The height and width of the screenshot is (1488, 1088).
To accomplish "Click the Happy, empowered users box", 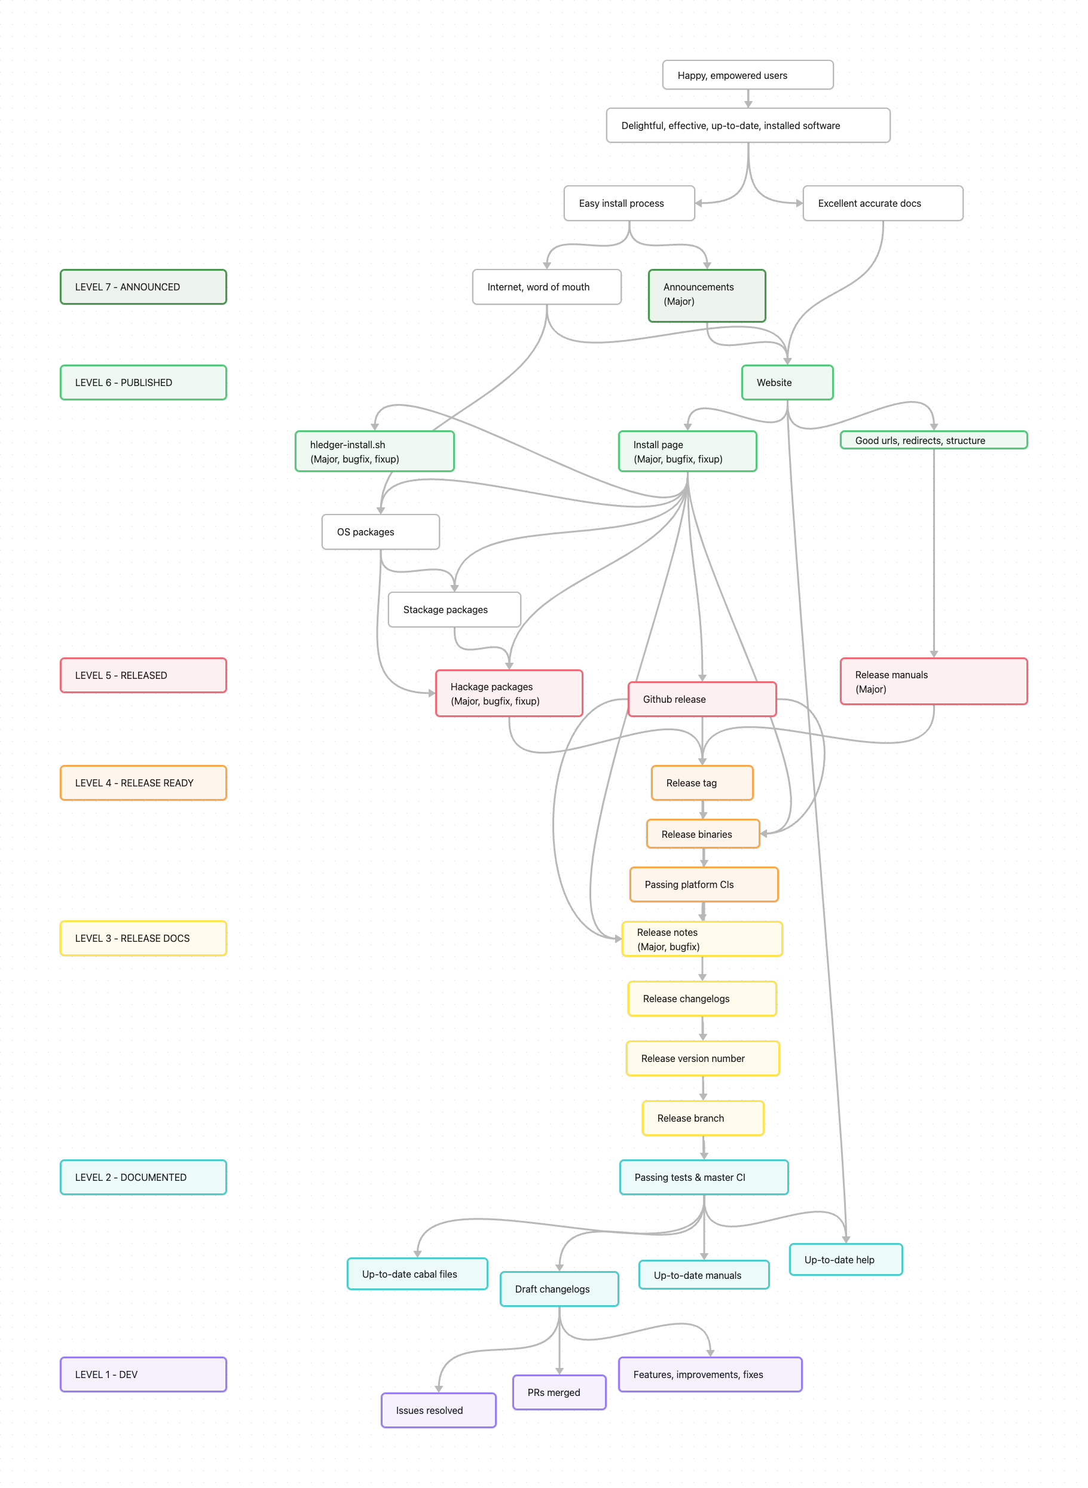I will [747, 75].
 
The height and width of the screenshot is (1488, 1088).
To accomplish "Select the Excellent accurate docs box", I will [882, 203].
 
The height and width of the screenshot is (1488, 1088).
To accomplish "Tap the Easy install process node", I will [629, 203].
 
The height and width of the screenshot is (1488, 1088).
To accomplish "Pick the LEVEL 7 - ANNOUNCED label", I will [143, 286].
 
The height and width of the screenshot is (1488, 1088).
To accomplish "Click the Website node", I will [787, 382].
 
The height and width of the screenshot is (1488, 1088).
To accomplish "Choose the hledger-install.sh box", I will [374, 451].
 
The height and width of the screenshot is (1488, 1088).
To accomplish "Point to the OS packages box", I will [380, 531].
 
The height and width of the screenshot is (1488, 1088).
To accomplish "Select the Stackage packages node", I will [454, 609].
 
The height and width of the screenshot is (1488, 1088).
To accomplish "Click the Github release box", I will [702, 699].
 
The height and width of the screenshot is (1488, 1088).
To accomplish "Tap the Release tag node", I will [702, 782].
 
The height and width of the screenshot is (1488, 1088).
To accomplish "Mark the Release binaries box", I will [703, 834].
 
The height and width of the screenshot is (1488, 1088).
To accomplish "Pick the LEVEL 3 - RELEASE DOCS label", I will [143, 938].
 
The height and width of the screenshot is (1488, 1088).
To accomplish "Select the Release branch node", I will [703, 1117].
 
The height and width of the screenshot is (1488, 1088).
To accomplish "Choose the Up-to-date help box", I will [846, 1259].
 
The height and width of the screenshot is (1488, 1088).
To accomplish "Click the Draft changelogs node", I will [559, 1288].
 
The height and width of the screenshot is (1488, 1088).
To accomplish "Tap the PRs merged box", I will [559, 1392].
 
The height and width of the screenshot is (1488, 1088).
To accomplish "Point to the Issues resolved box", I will [438, 1410].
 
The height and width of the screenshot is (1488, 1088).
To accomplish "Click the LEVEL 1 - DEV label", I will [143, 1374].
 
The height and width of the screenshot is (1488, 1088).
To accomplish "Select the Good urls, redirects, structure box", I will [933, 440].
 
